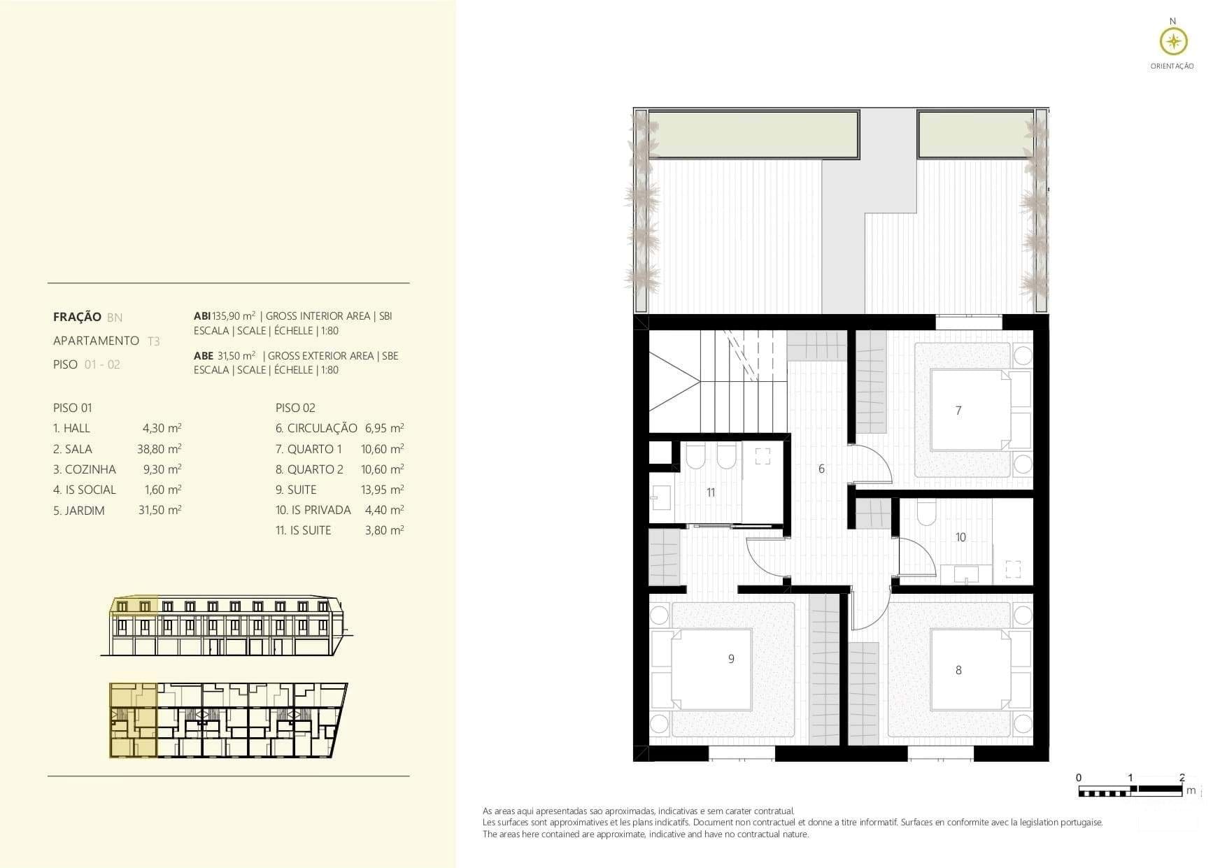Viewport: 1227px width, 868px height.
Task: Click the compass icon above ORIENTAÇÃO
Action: click(1173, 42)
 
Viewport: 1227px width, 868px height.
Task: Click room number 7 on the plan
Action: click(958, 411)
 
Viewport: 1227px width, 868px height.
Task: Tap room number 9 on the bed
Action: click(731, 659)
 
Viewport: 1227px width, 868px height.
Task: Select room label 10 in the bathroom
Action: click(960, 537)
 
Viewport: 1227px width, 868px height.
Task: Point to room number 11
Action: click(711, 492)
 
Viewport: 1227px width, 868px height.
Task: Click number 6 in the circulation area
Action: click(821, 469)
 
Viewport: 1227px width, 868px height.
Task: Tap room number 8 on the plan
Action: click(958, 670)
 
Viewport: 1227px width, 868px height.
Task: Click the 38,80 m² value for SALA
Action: click(159, 449)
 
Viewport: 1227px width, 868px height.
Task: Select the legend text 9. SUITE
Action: click(296, 490)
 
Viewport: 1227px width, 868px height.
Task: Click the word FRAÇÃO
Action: click(77, 317)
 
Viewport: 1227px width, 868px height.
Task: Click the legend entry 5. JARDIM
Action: click(79, 511)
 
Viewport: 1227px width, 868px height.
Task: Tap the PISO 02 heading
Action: click(295, 408)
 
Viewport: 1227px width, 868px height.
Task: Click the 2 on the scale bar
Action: click(1182, 777)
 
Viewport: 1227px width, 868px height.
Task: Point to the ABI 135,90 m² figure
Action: click(225, 316)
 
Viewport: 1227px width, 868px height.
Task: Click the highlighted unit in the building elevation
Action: click(134, 616)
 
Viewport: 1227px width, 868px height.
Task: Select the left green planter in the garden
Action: click(753, 134)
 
